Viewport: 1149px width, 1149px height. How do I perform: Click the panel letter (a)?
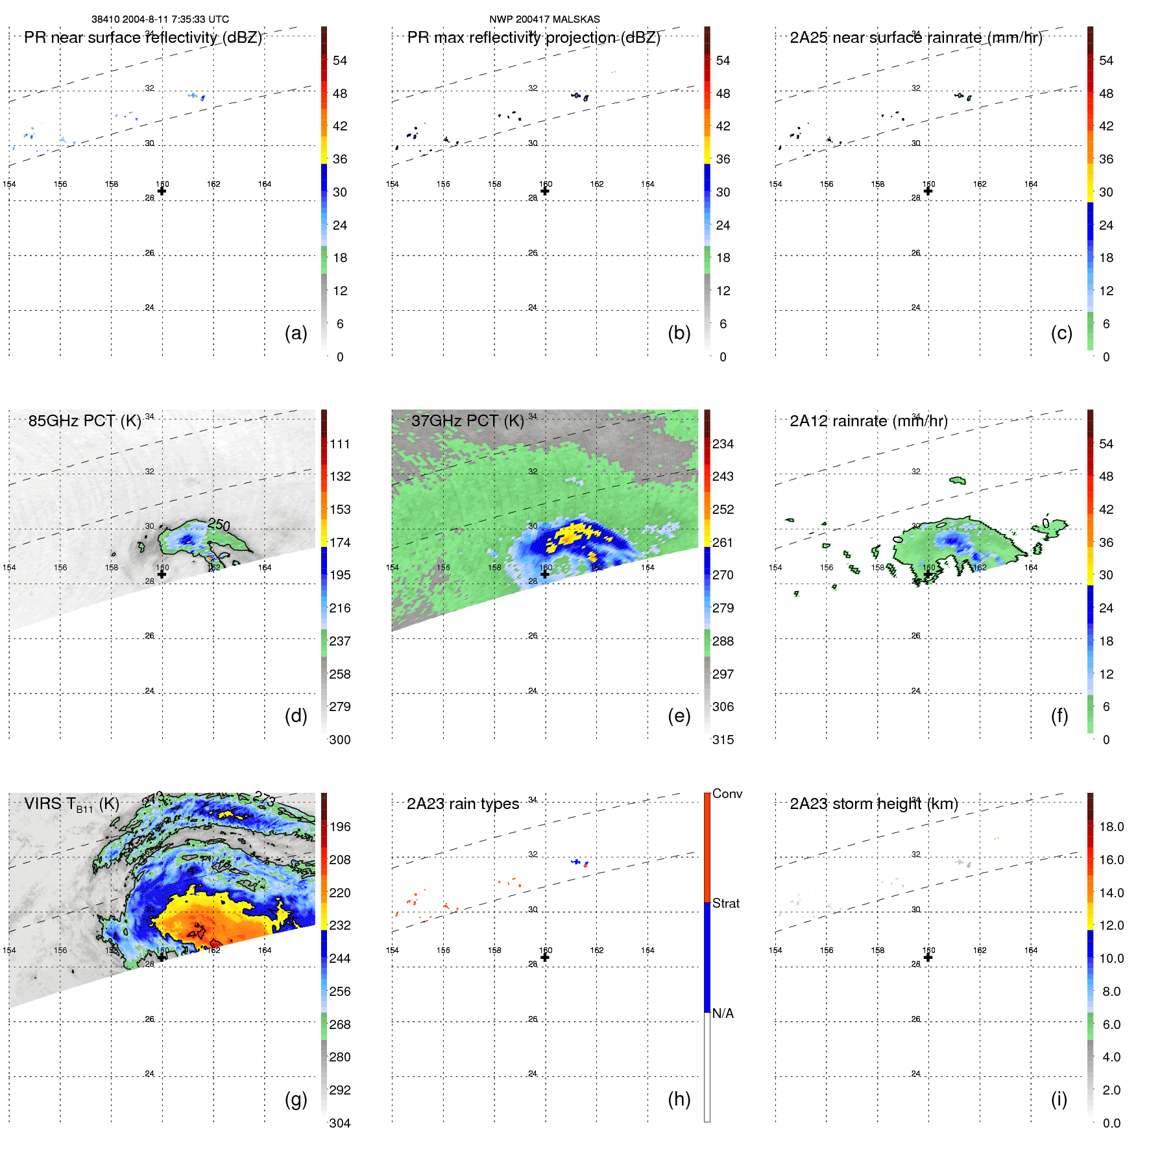[x=295, y=333]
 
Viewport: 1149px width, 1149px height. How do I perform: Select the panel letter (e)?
[x=679, y=716]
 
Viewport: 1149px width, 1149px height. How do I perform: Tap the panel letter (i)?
[x=1059, y=1099]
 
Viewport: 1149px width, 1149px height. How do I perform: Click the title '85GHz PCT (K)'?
[x=84, y=420]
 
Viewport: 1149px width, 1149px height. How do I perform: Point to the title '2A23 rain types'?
[x=463, y=804]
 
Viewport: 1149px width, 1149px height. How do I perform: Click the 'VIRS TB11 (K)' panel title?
[x=71, y=804]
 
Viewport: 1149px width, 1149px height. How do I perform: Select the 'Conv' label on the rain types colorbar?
[x=727, y=793]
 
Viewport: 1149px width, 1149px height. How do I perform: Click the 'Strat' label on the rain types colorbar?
[x=725, y=903]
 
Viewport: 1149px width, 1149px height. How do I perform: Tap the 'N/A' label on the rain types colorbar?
[x=723, y=1013]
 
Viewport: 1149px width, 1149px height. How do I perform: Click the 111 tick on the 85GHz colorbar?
[x=339, y=444]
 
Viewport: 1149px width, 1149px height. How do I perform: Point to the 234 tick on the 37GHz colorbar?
[x=723, y=444]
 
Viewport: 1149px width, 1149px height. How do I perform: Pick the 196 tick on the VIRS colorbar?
[x=339, y=827]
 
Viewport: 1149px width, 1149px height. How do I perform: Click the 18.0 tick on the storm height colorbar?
[x=1111, y=827]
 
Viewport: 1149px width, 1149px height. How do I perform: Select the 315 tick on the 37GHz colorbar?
[x=723, y=740]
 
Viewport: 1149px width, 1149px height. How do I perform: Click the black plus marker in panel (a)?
[x=162, y=191]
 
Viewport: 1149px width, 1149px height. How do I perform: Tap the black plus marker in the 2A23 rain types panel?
[x=545, y=957]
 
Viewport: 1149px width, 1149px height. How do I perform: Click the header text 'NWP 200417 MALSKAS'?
[x=544, y=19]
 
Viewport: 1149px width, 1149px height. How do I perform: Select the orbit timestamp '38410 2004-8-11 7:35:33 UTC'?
[x=160, y=19]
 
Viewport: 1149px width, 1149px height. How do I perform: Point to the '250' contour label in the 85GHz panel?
[x=219, y=524]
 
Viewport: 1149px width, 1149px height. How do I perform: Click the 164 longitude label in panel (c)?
[x=1030, y=184]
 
